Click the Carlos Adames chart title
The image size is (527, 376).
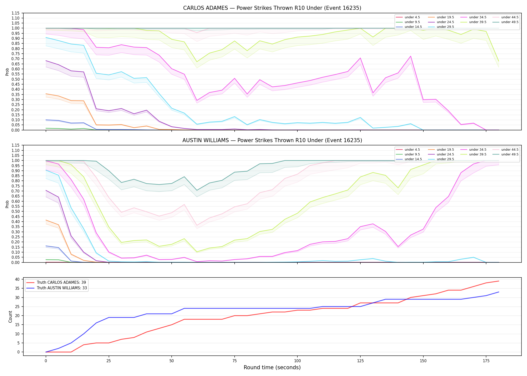[x=272, y=8]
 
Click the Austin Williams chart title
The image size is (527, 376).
[x=272, y=140]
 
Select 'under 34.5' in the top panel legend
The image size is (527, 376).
[x=478, y=17]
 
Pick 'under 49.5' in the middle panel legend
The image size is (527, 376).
[x=510, y=154]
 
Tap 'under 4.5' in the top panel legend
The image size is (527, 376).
[x=412, y=17]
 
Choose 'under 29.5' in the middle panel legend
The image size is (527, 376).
[x=445, y=159]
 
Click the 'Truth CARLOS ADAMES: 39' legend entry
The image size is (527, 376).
[x=61, y=283]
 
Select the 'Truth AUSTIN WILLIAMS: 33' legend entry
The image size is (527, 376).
[x=62, y=288]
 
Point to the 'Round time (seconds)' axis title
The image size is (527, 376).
[x=272, y=367]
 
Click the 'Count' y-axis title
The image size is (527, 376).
[x=10, y=317]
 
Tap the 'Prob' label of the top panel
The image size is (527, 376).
[x=7, y=72]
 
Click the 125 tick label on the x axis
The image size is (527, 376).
[x=360, y=361]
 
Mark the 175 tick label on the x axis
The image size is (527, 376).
[x=486, y=361]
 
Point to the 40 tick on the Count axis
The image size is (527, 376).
[x=17, y=279]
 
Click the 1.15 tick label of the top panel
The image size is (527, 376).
[x=16, y=13]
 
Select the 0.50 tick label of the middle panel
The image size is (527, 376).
[x=16, y=212]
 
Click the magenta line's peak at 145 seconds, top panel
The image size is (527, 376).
[x=411, y=56]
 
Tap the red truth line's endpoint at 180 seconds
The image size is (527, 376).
[x=499, y=281]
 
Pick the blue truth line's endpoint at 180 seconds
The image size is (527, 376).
[x=499, y=292]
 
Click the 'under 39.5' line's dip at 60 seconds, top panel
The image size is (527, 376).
[x=197, y=62]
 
